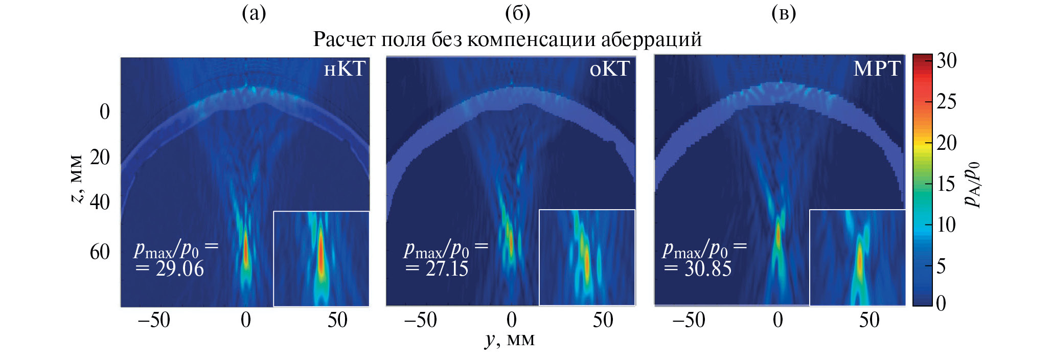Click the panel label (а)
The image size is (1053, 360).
click(254, 14)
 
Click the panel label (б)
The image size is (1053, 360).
click(517, 14)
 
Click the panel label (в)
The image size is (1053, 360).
click(783, 14)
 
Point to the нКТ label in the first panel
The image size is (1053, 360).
click(345, 69)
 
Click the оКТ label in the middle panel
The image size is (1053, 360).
click(609, 69)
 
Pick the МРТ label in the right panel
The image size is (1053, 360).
click(876, 69)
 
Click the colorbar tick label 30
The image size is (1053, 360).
click(946, 61)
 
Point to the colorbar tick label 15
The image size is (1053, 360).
click(946, 184)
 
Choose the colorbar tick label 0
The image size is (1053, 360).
click(941, 303)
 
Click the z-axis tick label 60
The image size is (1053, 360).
click(100, 252)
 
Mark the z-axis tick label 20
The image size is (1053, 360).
click(100, 157)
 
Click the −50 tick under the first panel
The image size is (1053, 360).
click(154, 321)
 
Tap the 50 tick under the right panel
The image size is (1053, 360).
click(869, 321)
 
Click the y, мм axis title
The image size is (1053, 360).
click(510, 340)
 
